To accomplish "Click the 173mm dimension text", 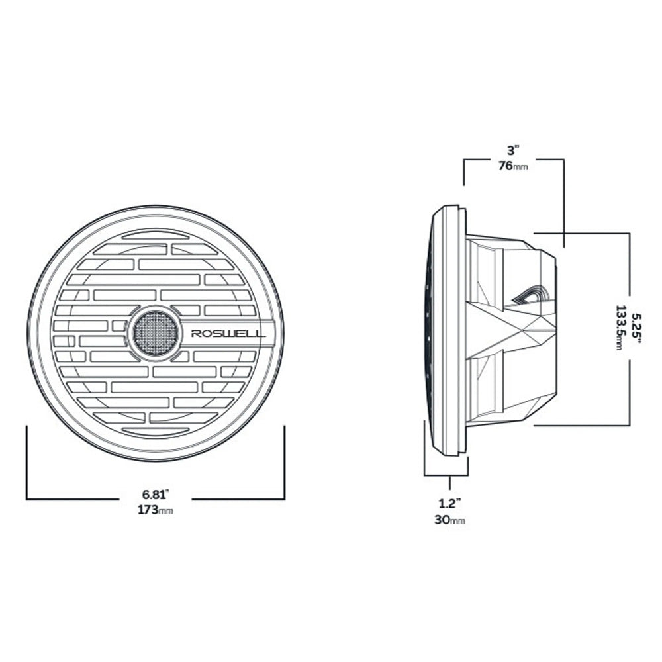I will pyautogui.click(x=156, y=510).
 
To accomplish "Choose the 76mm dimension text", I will pyautogui.click(x=513, y=166).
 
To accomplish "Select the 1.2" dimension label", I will pyautogui.click(x=450, y=502).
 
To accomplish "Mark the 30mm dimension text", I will pyautogui.click(x=450, y=520).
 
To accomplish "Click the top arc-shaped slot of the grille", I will pyautogui.click(x=156, y=235).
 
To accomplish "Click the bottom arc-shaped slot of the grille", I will pyautogui.click(x=156, y=431).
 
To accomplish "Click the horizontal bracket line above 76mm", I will pyautogui.click(x=513, y=159).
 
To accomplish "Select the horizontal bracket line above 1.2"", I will pyautogui.click(x=446, y=476).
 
